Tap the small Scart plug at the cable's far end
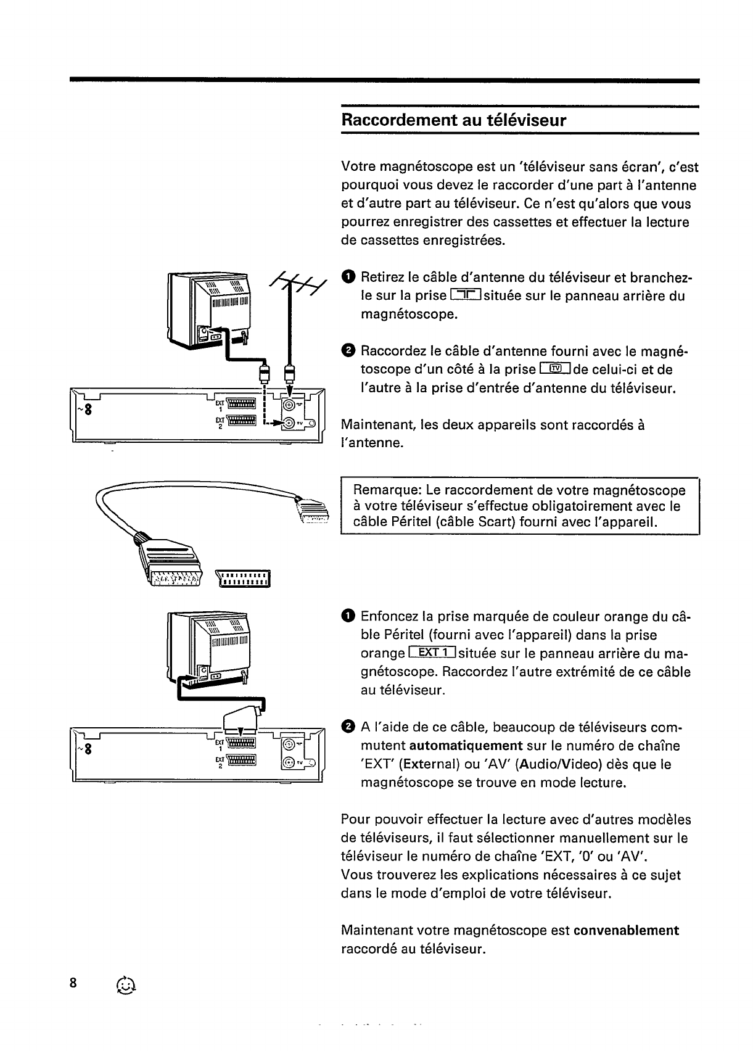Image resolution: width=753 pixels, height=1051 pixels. [313, 511]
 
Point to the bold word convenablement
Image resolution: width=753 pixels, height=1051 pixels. [626, 930]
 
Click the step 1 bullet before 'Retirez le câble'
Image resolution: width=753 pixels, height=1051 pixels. [347, 278]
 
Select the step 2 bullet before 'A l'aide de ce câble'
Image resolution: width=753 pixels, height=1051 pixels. [347, 727]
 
